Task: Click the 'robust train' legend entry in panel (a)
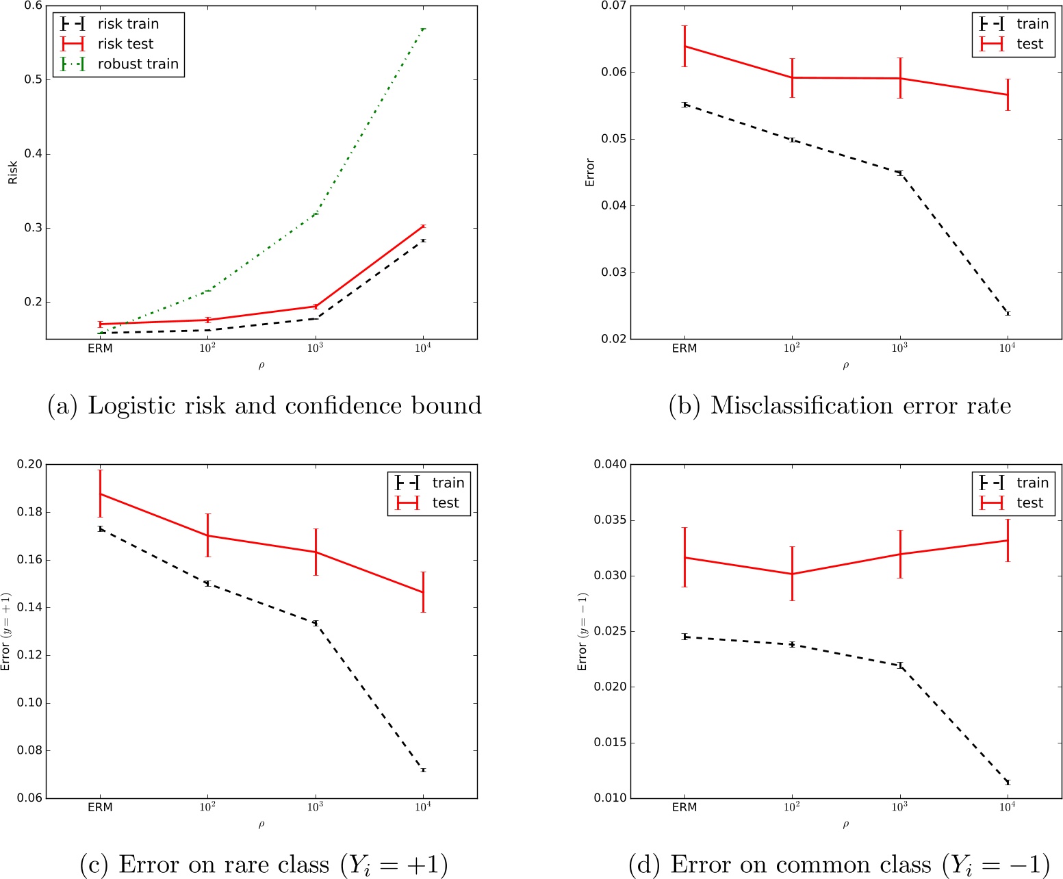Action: [138, 64]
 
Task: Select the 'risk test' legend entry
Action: [125, 44]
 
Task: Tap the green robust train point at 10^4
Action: [423, 29]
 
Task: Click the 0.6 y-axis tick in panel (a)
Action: [33, 6]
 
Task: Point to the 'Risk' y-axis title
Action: [12, 173]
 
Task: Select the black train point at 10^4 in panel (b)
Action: [1008, 314]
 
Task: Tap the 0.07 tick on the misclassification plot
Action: [614, 6]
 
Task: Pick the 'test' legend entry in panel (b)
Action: [1029, 44]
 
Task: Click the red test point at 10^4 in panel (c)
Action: [423, 592]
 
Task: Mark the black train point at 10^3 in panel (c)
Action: [316, 623]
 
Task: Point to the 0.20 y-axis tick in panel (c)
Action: [29, 464]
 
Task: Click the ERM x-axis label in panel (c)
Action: [100, 807]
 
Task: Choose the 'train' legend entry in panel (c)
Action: [448, 483]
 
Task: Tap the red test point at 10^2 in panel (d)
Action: [792, 574]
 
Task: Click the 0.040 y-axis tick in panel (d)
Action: [610, 464]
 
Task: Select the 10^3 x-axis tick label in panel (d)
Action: [899, 807]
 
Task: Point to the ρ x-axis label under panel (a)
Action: [261, 366]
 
